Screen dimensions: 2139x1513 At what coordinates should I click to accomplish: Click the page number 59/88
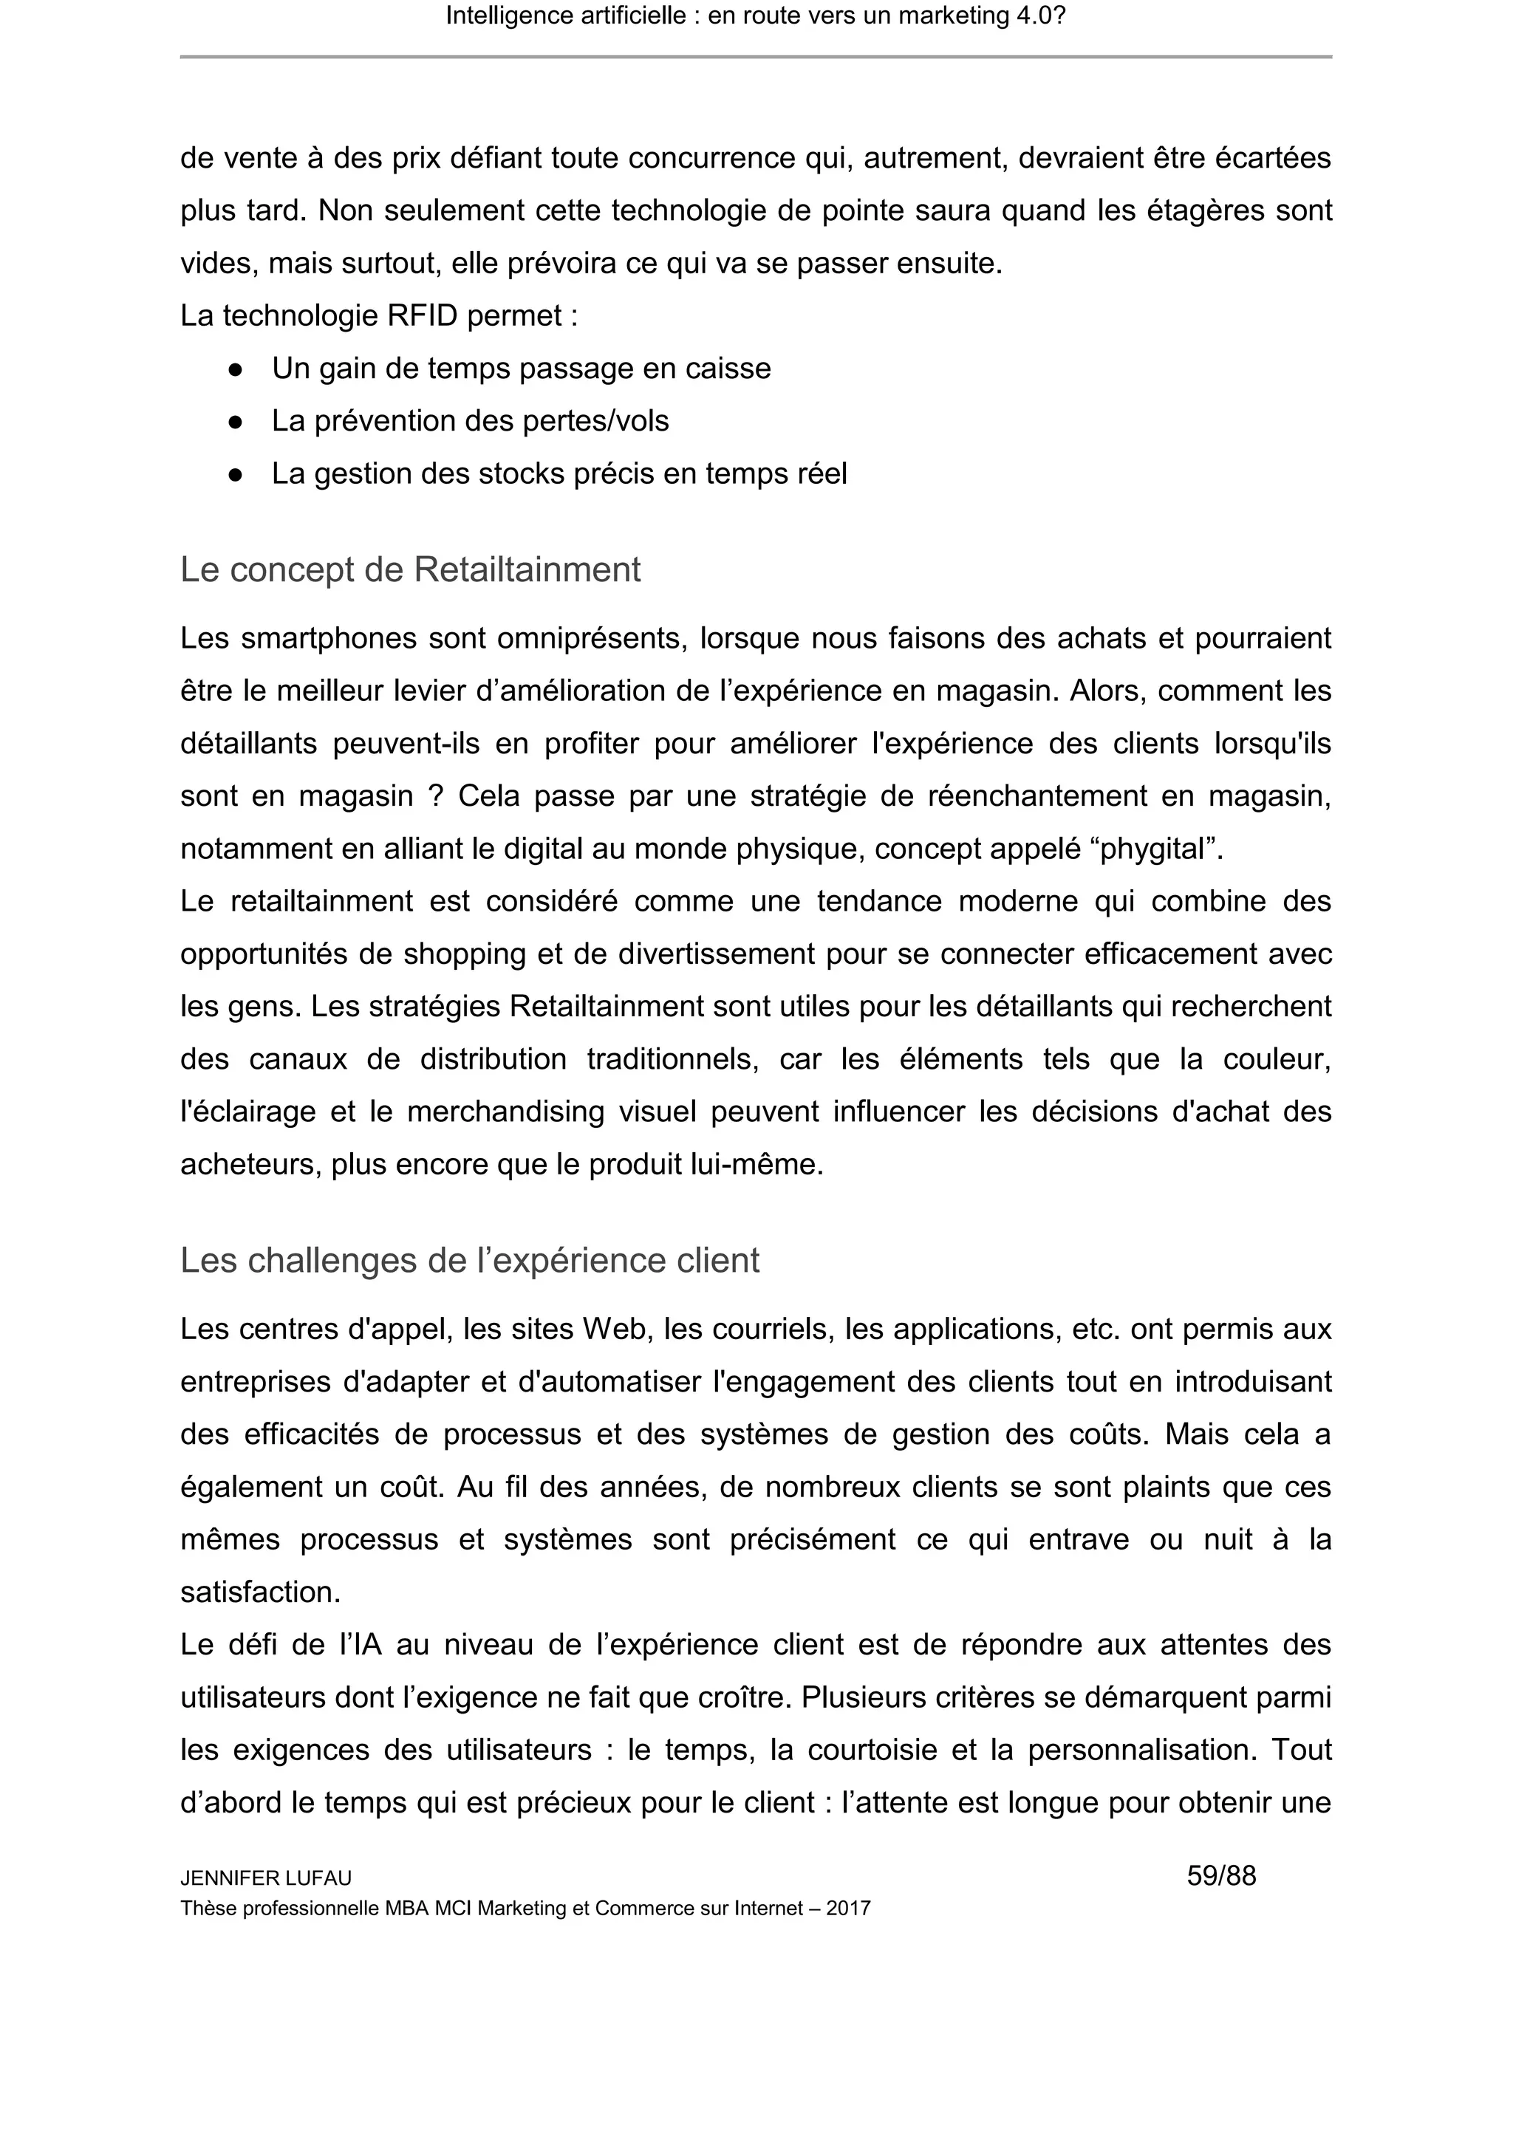point(1220,1875)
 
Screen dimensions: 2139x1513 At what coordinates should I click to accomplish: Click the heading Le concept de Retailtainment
point(410,569)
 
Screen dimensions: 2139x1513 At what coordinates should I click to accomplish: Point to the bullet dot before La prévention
point(236,422)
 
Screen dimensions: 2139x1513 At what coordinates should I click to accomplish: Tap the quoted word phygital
point(1154,849)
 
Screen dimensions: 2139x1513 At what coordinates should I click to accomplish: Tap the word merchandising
point(505,1112)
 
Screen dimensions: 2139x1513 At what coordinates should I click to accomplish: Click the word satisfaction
point(260,1592)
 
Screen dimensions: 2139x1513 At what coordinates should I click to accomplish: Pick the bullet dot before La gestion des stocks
point(236,474)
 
